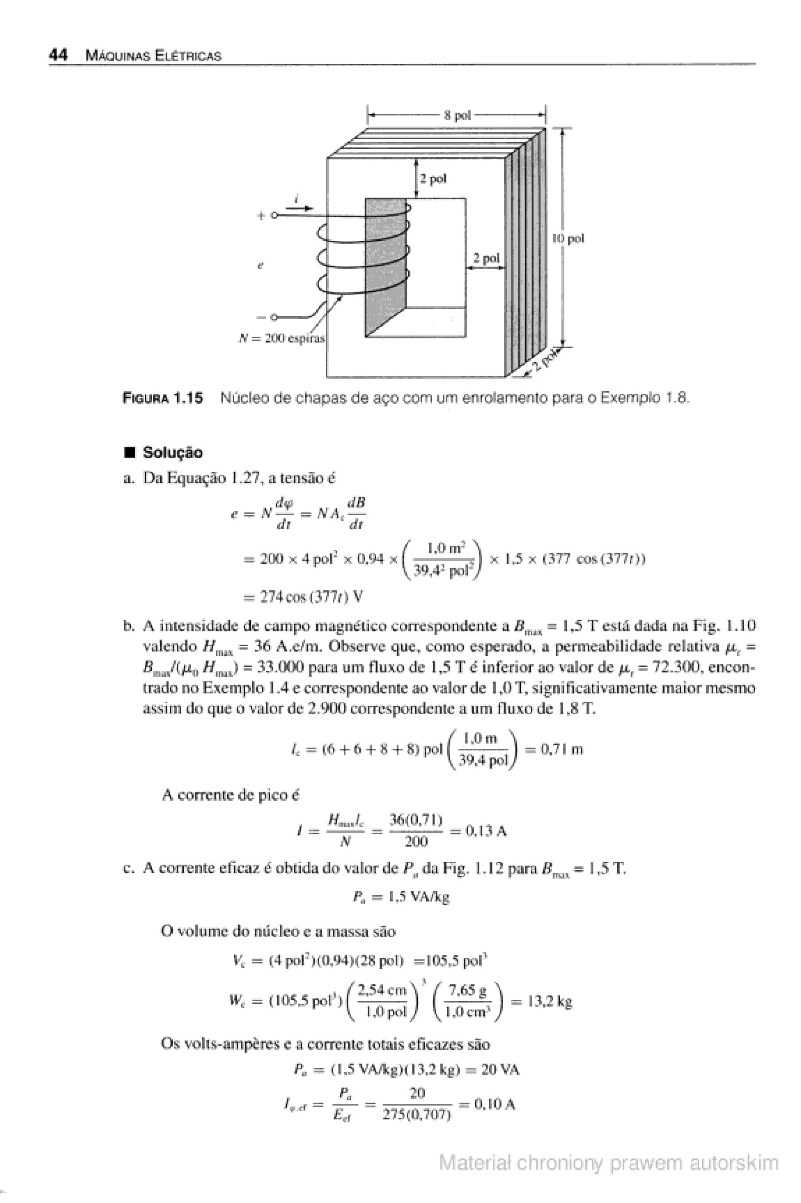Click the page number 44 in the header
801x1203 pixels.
click(x=58, y=55)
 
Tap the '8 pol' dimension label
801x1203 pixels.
click(x=457, y=115)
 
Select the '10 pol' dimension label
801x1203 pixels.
click(x=568, y=238)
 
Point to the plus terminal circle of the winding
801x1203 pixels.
click(x=274, y=215)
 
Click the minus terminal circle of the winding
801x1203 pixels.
click(x=274, y=317)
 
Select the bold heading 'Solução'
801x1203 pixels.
click(x=172, y=452)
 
